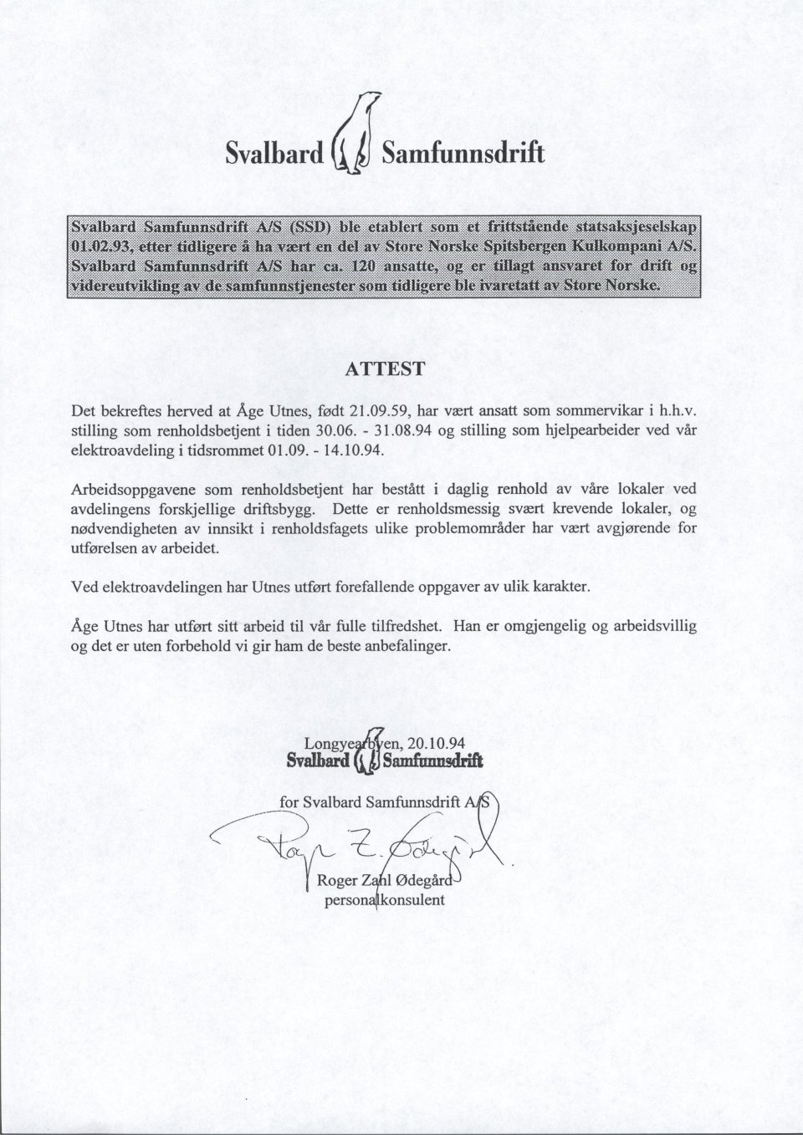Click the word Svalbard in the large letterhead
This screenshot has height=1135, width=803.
pyautogui.click(x=274, y=153)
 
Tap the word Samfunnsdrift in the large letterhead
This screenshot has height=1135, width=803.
pyautogui.click(x=463, y=153)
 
